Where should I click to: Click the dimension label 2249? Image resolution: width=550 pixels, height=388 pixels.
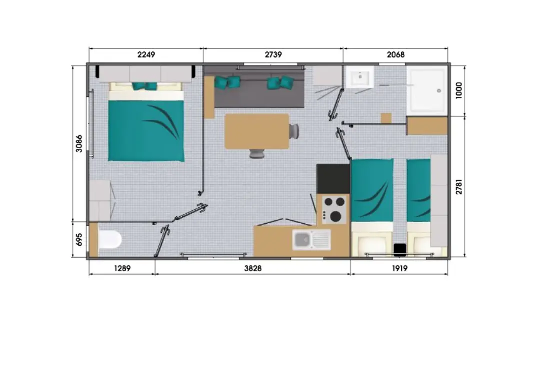point(146,54)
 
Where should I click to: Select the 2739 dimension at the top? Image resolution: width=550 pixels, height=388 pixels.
point(273,54)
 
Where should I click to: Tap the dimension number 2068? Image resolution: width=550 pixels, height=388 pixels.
point(395,54)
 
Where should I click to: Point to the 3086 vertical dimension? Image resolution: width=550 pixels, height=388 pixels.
point(79,144)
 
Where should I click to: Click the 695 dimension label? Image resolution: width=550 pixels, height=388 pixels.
point(79,240)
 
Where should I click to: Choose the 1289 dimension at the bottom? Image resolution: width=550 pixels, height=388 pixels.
point(122,268)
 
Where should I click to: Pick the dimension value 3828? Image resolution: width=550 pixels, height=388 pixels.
point(253,268)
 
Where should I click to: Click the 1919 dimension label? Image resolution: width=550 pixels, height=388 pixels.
point(399,268)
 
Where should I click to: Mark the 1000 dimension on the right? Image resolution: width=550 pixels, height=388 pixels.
point(459,90)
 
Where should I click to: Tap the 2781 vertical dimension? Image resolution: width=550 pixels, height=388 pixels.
point(459,186)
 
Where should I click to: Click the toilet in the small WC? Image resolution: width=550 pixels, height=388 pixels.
point(110,240)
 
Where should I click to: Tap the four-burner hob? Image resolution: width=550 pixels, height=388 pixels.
point(334,209)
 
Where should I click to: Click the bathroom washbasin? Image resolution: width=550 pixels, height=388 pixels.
point(359,77)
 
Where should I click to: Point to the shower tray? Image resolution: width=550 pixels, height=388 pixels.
point(427,90)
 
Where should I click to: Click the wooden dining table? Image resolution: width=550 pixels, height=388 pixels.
point(257,131)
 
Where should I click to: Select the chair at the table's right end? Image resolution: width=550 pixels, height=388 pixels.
point(294,131)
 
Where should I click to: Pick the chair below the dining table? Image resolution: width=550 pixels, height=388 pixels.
point(257,153)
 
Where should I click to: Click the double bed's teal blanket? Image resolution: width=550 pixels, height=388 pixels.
point(146,131)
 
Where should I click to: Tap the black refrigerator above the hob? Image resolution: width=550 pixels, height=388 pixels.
point(333,179)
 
